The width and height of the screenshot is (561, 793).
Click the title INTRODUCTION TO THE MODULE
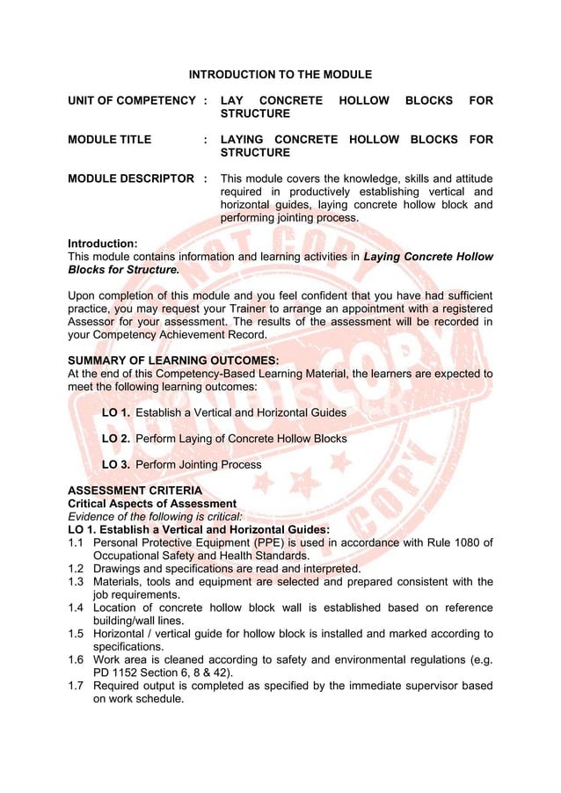click(280, 75)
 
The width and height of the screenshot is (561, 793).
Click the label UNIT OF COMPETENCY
click(131, 101)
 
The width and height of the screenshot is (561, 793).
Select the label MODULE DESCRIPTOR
click(131, 178)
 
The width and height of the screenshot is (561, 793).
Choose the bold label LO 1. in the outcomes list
click(117, 412)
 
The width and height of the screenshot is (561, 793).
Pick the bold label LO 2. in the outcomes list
click(117, 439)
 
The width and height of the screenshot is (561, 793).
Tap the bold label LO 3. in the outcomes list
click(117, 464)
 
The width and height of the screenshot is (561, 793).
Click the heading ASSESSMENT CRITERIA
click(135, 491)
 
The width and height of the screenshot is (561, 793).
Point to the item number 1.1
click(76, 542)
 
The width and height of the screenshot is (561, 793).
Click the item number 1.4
click(76, 607)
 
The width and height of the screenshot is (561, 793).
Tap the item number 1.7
click(76, 686)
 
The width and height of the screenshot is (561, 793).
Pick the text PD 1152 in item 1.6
click(117, 673)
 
